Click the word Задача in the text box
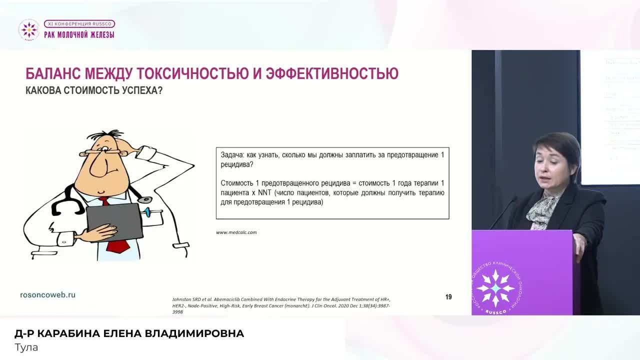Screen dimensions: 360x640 click(231, 155)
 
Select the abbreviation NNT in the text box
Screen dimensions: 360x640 click(264, 193)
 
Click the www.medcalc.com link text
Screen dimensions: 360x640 click(236, 232)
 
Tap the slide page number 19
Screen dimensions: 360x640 click(448, 297)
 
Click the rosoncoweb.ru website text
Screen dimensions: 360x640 click(47, 295)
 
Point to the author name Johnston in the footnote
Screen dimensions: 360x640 click(182, 299)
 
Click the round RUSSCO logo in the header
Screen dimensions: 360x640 click(28, 29)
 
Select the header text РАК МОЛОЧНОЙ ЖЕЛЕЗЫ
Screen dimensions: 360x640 click(79, 34)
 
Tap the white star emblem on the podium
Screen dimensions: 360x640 click(495, 288)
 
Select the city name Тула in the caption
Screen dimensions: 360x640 click(26, 347)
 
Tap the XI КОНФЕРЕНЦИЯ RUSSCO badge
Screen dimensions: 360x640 click(79, 23)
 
